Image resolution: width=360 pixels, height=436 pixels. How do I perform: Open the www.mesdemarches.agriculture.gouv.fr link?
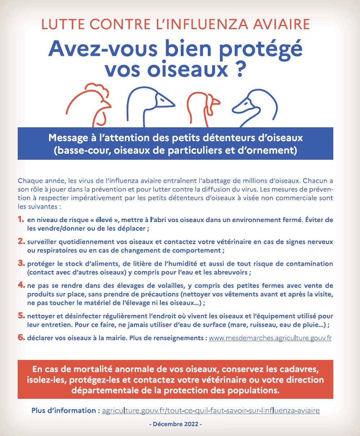270,339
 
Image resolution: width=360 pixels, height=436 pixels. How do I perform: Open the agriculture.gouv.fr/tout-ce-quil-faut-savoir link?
211,411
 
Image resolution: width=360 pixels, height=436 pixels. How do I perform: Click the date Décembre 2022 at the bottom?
175,424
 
